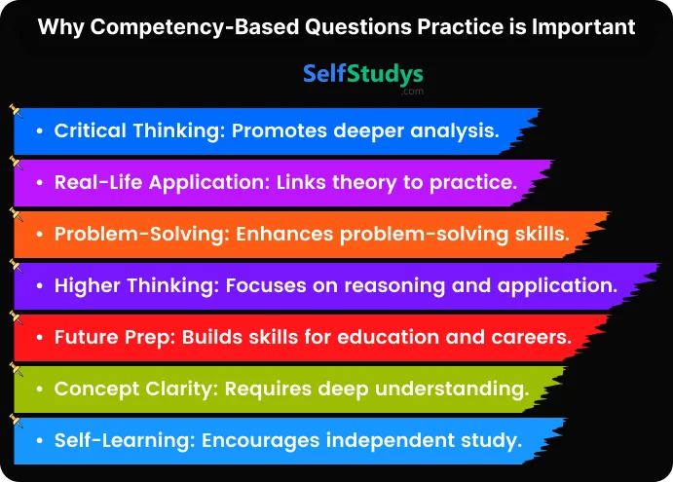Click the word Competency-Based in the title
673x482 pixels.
(x=195, y=28)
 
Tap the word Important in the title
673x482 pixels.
(x=583, y=28)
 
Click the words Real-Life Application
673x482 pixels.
(x=163, y=182)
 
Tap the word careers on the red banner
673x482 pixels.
(x=532, y=337)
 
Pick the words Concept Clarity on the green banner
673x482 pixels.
(x=133, y=389)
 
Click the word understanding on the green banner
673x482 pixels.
(x=452, y=389)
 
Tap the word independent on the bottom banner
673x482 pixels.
(x=391, y=440)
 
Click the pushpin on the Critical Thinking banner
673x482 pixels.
(x=16, y=110)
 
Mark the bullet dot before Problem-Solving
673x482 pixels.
(x=40, y=235)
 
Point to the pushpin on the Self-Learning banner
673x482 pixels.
(x=16, y=421)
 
